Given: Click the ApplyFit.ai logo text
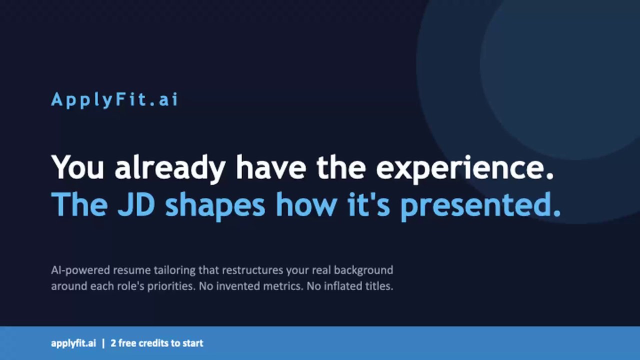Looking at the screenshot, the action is point(114,100).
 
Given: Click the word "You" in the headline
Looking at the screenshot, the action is point(77,167).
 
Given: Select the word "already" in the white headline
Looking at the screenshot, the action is point(170,169).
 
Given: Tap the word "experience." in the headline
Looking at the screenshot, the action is point(465,169).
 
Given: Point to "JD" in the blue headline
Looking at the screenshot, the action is point(136,204).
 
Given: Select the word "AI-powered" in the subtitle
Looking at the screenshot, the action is point(80,270).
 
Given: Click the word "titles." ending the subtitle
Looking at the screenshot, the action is point(377,286).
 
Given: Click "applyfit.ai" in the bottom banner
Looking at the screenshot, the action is point(73,343).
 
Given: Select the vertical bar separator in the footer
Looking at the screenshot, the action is point(103,343).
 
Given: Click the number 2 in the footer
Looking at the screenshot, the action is point(113,343).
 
